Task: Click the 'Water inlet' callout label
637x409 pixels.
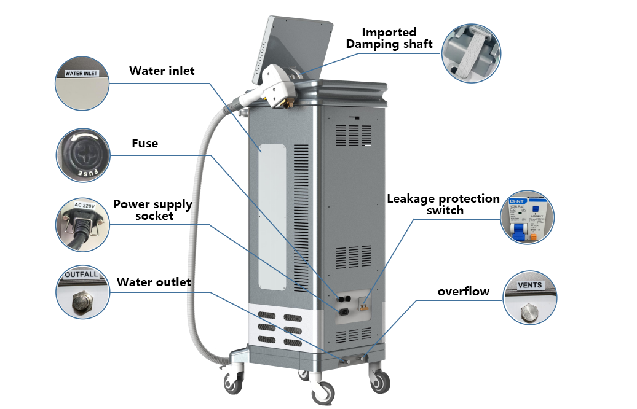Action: point(162,71)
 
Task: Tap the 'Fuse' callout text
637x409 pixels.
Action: point(145,144)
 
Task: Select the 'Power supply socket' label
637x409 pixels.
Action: point(152,209)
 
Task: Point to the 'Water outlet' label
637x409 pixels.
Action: point(154,282)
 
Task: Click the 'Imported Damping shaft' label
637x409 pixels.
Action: point(389,38)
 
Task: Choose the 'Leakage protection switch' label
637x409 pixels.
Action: point(443,204)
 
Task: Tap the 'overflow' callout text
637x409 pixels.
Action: point(464,291)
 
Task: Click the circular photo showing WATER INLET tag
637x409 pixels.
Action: point(82,84)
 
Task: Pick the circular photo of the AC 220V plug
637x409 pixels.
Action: point(84,224)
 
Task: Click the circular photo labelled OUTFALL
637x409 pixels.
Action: point(83,293)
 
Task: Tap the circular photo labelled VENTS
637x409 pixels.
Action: point(529,298)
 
